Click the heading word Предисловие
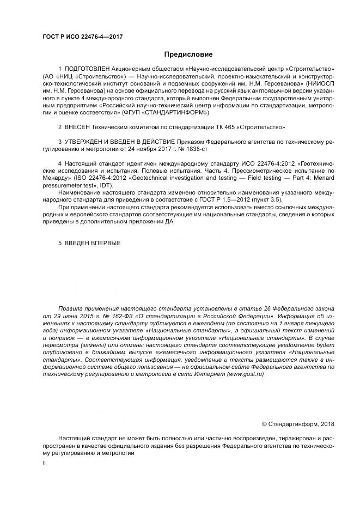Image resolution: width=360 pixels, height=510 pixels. point(188,54)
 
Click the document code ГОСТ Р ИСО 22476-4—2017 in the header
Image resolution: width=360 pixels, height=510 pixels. point(82,36)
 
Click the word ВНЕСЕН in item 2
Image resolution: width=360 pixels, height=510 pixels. point(77,127)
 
